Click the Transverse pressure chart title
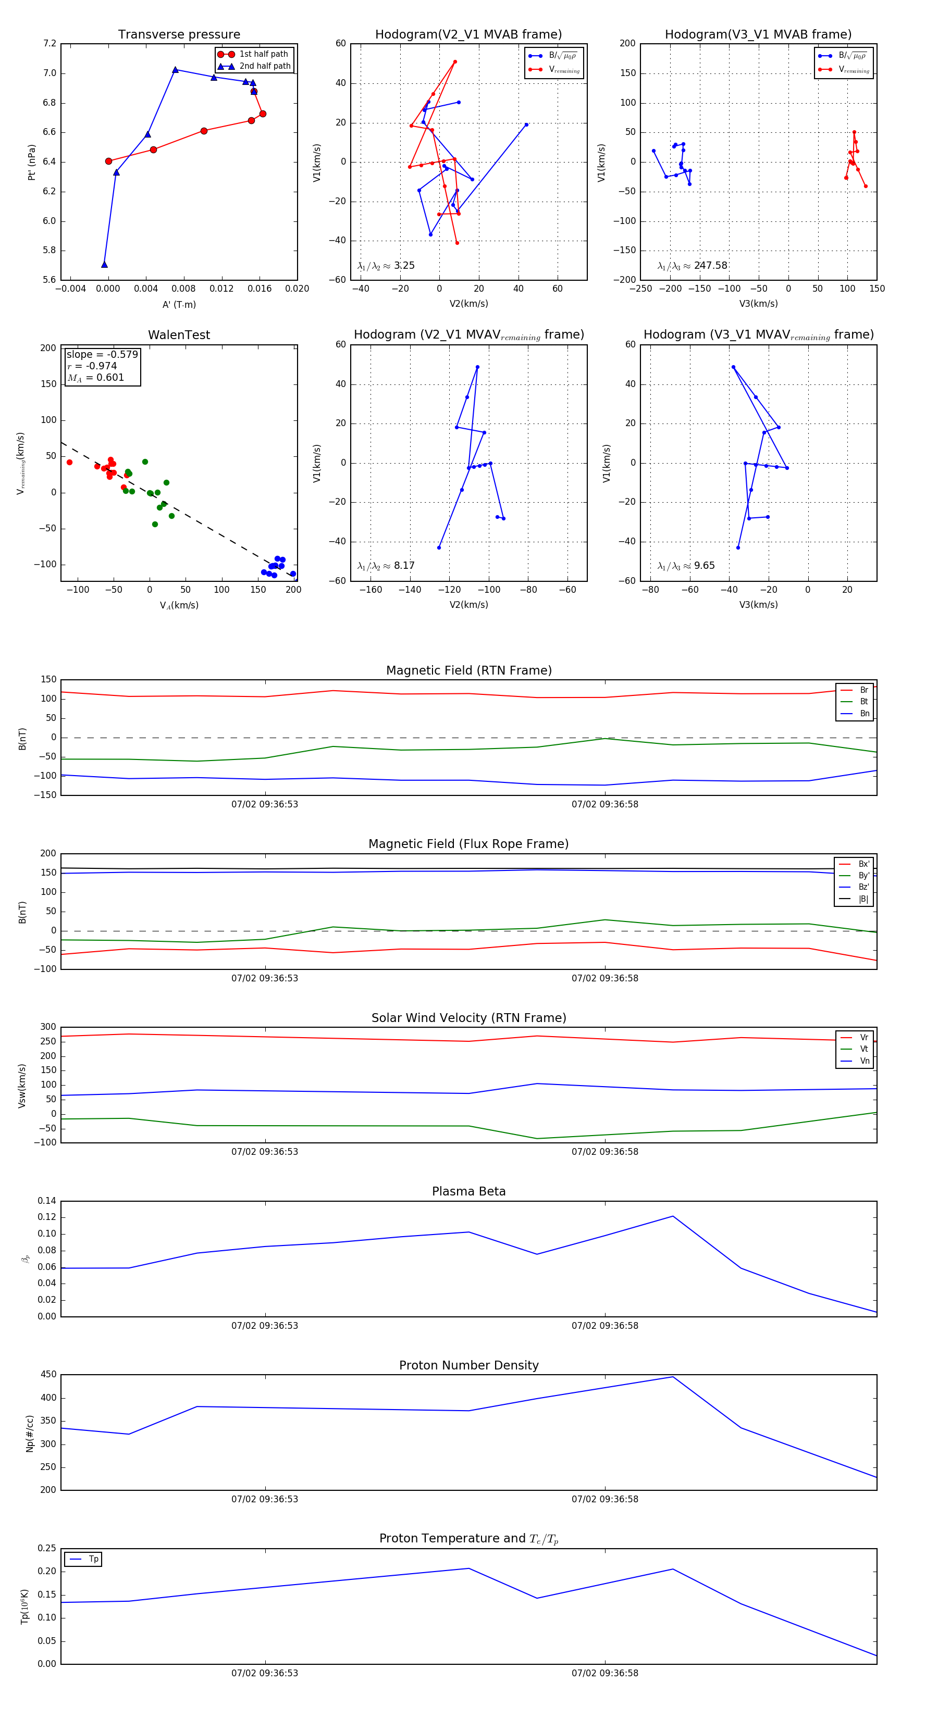[x=179, y=35]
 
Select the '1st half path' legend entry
[x=263, y=54]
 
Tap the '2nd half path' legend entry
[x=264, y=66]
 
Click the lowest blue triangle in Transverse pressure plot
[x=104, y=264]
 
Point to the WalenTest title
[x=179, y=335]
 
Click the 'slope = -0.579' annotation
[x=102, y=354]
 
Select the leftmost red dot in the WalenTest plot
[x=69, y=463]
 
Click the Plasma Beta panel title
[x=468, y=1191]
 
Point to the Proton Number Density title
[x=468, y=1365]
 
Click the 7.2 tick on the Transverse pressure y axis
[x=50, y=43]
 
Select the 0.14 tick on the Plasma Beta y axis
[x=47, y=1201]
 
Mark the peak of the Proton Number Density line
[x=673, y=1377]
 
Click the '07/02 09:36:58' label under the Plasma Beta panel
[x=605, y=1325]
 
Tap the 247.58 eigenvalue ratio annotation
[x=710, y=266]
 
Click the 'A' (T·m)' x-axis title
[x=179, y=304]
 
